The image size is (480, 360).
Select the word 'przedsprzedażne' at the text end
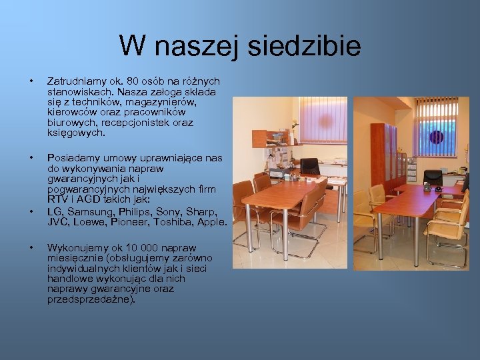tap(89, 300)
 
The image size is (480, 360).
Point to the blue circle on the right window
tap(436, 137)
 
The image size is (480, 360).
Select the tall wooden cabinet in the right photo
tap(385, 157)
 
